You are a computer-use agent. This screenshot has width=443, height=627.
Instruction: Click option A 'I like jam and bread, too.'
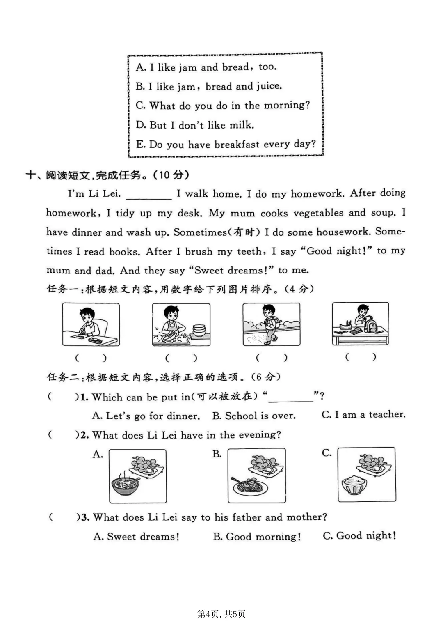[206, 67]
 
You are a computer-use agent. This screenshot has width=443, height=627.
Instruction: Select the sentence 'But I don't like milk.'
[195, 125]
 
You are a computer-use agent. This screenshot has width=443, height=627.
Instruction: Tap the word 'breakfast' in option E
[237, 145]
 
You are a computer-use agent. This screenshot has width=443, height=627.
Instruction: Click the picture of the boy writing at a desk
[91, 324]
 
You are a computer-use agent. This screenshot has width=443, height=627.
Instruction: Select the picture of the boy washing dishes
[181, 324]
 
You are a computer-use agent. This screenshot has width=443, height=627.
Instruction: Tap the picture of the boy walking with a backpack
[271, 324]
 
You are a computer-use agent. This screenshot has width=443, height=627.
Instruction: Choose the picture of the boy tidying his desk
[360, 324]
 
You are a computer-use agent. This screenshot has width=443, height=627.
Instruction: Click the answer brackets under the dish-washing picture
[181, 358]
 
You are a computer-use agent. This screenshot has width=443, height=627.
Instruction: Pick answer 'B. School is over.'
[254, 416]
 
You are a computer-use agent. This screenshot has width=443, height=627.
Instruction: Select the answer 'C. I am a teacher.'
[363, 415]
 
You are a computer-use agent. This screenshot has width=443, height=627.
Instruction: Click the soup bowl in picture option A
[126, 485]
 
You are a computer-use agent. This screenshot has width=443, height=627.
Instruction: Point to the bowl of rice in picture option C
[354, 485]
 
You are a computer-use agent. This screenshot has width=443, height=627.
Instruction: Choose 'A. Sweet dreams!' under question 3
[136, 537]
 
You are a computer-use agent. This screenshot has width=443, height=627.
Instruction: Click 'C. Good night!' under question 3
[359, 535]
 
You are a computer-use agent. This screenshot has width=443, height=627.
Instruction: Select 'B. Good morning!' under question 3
[257, 537]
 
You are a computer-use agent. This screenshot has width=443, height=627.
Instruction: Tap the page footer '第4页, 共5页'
[221, 614]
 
